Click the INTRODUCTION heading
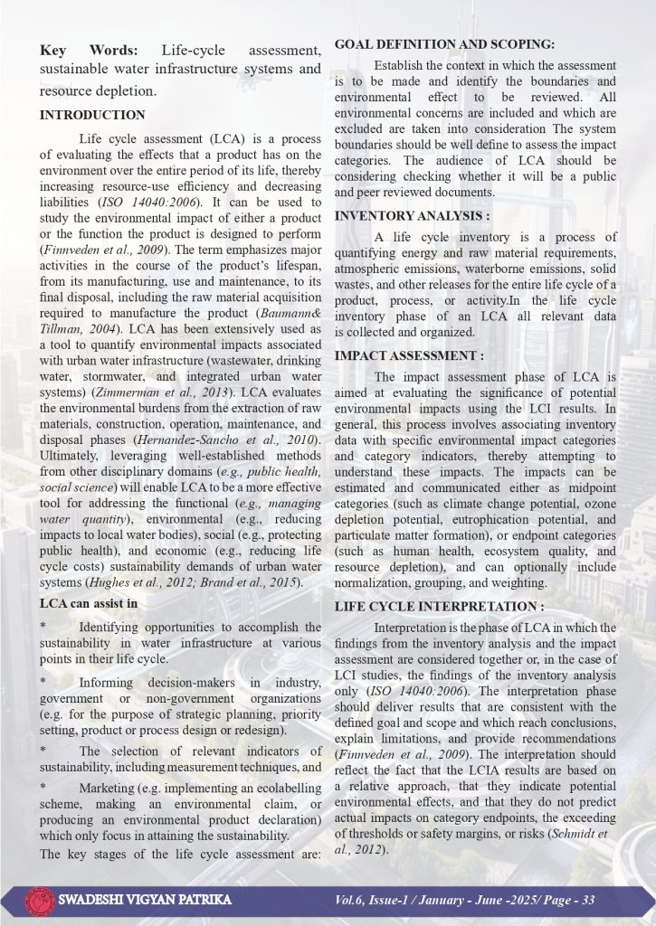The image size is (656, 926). (92, 115)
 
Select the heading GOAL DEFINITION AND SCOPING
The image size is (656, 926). (444, 44)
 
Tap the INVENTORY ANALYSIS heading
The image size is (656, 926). (413, 216)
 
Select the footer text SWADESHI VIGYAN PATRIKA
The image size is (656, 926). (143, 901)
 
